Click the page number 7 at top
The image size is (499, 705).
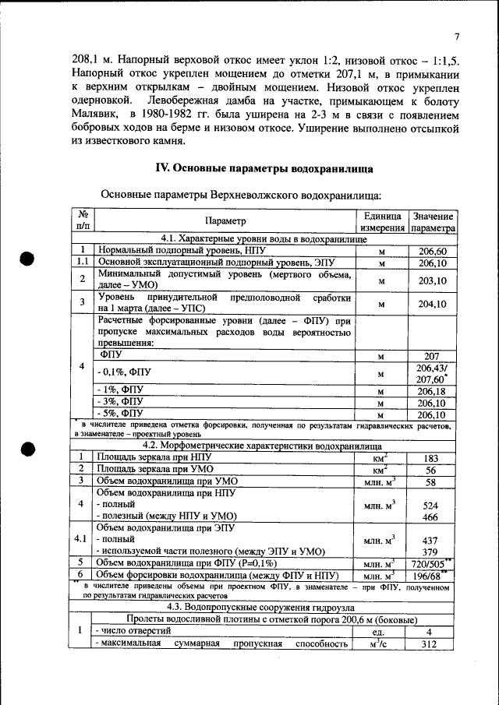[457, 37]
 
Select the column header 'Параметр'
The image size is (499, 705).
[225, 222]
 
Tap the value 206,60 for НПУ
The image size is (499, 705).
[432, 252]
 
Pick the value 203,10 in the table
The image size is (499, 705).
[432, 280]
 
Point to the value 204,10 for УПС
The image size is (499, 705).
[432, 304]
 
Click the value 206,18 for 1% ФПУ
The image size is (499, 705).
[432, 391]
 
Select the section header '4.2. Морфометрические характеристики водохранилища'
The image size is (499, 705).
[264, 446]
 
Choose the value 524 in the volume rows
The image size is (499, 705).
[430, 505]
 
